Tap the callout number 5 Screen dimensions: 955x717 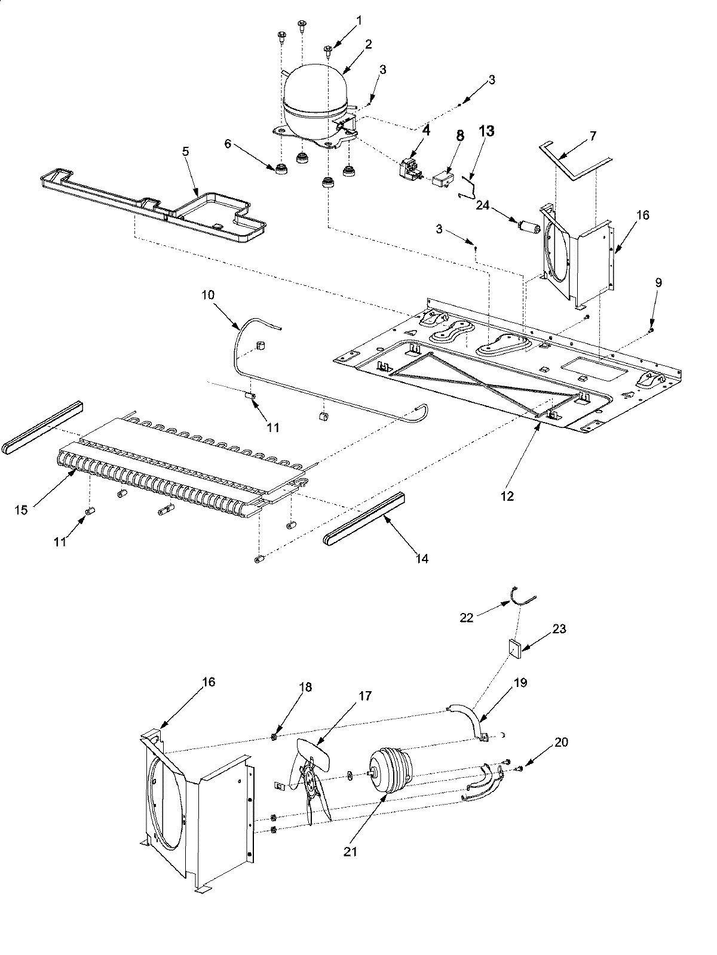tap(186, 135)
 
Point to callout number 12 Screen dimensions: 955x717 tap(507, 496)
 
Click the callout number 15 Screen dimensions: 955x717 tap(22, 511)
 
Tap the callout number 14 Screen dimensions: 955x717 tap(422, 559)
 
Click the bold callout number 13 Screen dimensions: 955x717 tap(486, 133)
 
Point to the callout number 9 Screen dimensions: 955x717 tap(658, 283)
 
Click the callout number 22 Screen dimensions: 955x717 tap(467, 618)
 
